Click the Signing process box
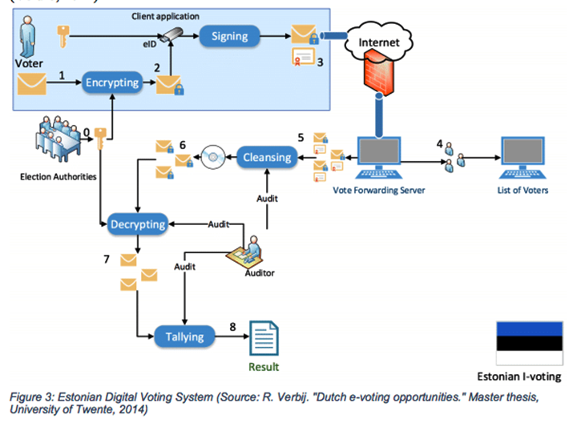pyautogui.click(x=229, y=36)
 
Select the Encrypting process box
pyautogui.click(x=112, y=82)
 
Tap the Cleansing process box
pyautogui.click(x=268, y=157)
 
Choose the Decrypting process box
pyautogui.click(x=138, y=224)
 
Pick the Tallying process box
pyautogui.click(x=184, y=336)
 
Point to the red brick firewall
pyautogui.click(x=377, y=77)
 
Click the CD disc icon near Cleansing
pyautogui.click(x=214, y=157)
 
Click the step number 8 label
pyautogui.click(x=232, y=326)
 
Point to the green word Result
pyautogui.click(x=264, y=367)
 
